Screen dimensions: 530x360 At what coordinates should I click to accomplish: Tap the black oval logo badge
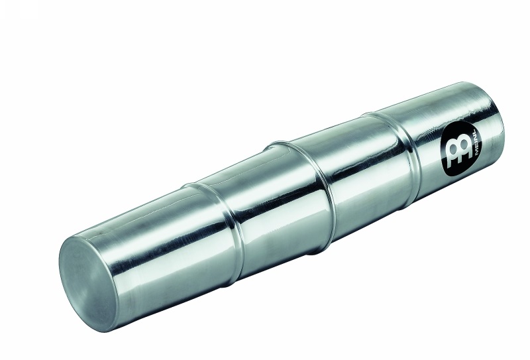click(463, 150)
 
